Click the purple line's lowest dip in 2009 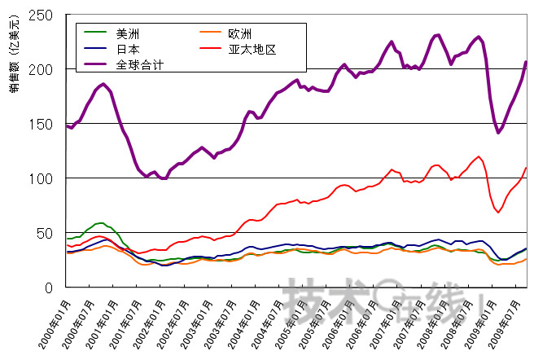click(498, 132)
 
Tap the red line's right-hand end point click(527, 168)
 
